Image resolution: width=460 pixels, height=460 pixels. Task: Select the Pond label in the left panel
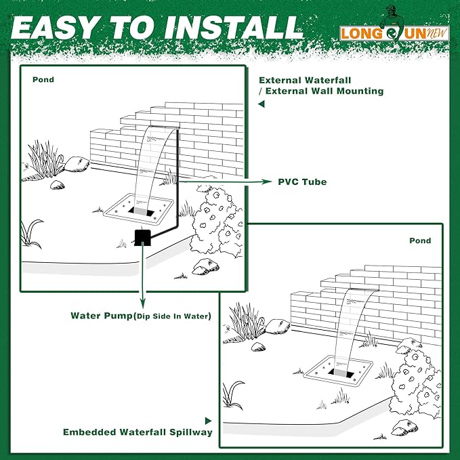[x=43, y=79]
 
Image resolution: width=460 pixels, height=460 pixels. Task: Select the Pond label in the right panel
[x=419, y=241]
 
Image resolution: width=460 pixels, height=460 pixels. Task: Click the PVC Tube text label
[x=302, y=182]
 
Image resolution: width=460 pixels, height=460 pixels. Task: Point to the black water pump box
[x=142, y=237]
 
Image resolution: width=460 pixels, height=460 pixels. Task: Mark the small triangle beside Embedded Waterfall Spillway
[x=209, y=421]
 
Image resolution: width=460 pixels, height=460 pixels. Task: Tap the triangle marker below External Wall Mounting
[x=261, y=105]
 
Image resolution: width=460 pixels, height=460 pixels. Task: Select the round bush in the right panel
[x=415, y=379]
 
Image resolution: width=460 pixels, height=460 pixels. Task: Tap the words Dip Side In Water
[x=172, y=316]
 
